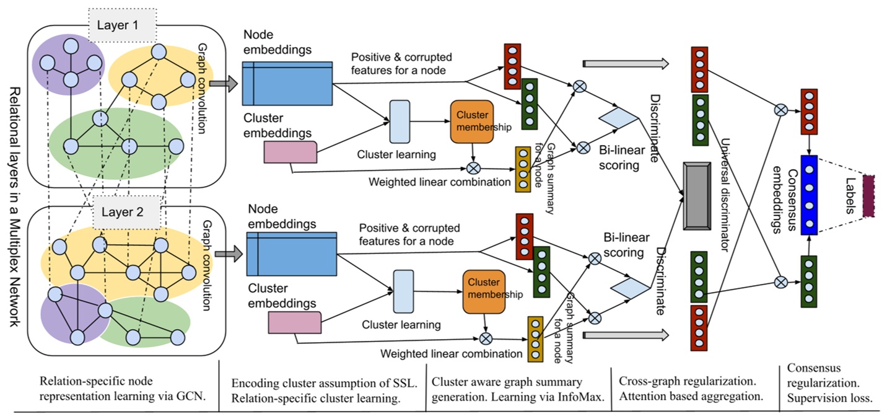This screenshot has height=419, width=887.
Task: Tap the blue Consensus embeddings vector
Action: point(809,195)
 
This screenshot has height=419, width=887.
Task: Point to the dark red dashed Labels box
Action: point(868,195)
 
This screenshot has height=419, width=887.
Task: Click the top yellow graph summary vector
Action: point(523,169)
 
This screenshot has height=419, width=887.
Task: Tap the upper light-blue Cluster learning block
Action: point(400,121)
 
